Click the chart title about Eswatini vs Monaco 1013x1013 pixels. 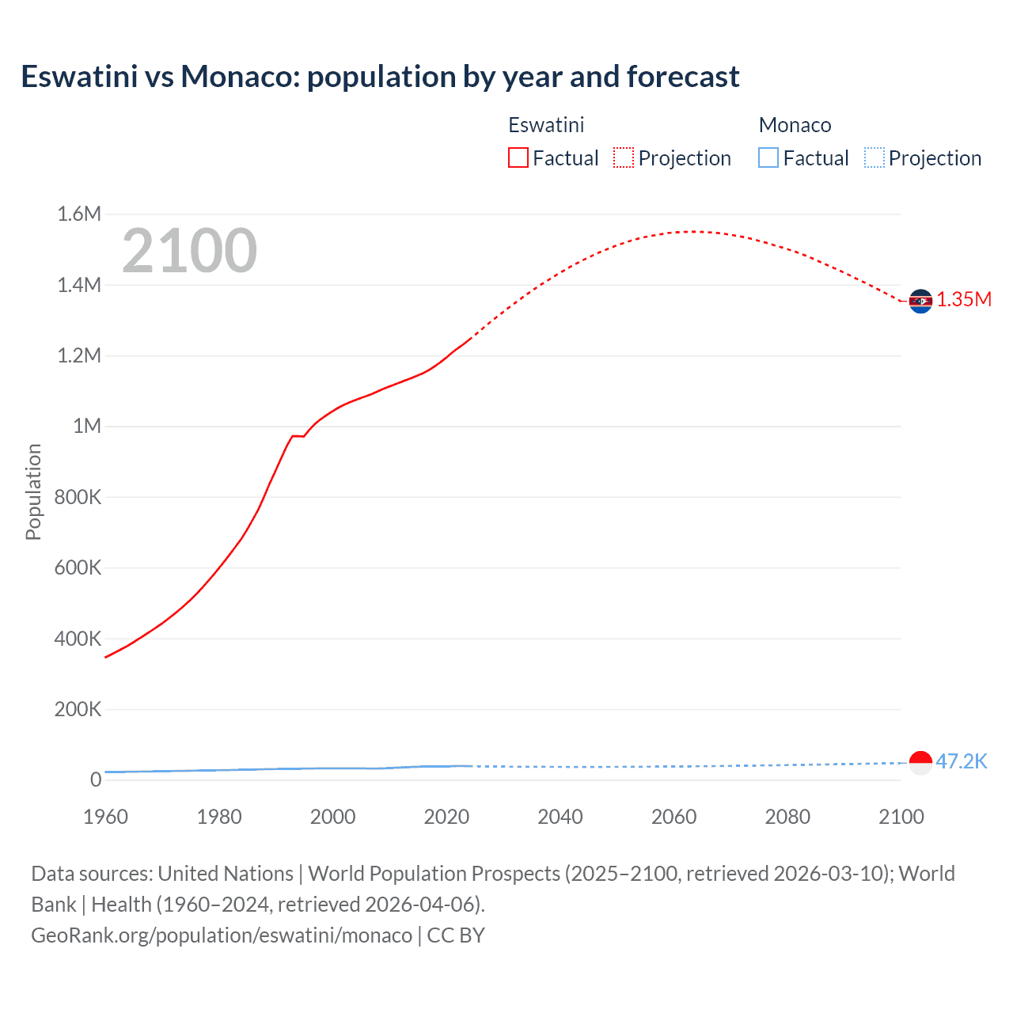[380, 77]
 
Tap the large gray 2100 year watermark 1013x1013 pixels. [189, 251]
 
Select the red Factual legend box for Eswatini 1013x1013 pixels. [518, 157]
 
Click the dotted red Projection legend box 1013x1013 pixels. [624, 157]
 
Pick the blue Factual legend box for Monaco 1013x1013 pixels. [768, 157]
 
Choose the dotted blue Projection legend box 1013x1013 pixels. [875, 157]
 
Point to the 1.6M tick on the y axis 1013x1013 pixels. [79, 214]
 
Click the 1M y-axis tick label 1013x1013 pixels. [86, 427]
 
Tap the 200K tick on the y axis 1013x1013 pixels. [78, 709]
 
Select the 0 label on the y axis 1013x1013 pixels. [96, 780]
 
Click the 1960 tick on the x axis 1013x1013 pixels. [105, 817]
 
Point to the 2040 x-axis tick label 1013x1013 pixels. [560, 817]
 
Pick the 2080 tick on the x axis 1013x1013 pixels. [787, 817]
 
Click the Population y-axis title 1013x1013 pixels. [33, 491]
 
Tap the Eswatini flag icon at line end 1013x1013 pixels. [920, 301]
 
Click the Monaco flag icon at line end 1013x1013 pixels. [920, 763]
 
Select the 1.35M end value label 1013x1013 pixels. [964, 299]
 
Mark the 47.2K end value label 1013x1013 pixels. [962, 761]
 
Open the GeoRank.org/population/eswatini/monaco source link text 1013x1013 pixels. [222, 935]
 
